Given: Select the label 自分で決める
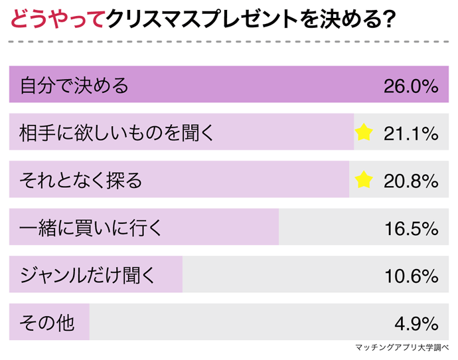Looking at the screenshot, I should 74,86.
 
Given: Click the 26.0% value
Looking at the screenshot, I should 411,86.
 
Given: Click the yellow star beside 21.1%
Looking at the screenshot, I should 364,133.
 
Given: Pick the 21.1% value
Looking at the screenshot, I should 411,133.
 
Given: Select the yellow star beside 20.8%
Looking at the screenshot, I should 364,180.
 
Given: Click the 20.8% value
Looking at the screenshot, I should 411,180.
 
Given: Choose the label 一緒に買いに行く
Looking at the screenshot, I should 90,228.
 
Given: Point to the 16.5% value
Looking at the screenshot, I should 411,228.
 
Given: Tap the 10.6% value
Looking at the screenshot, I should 411,275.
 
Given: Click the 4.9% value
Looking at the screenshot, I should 416,323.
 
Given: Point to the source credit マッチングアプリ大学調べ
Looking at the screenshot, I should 402,347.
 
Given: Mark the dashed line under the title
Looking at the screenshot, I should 229,41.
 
